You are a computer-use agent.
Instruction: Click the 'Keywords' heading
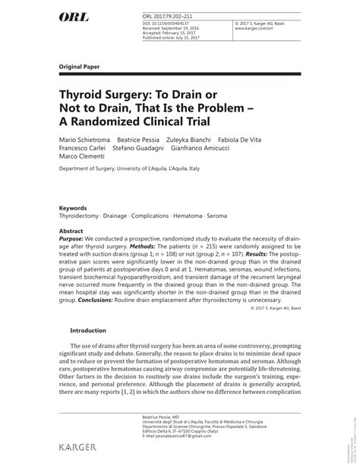tap(74, 207)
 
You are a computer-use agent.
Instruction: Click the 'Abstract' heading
tap(71, 229)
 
